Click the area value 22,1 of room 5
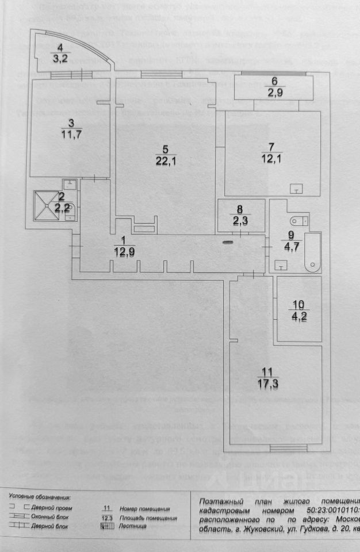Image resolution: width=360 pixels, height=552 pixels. pyautogui.click(x=164, y=161)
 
